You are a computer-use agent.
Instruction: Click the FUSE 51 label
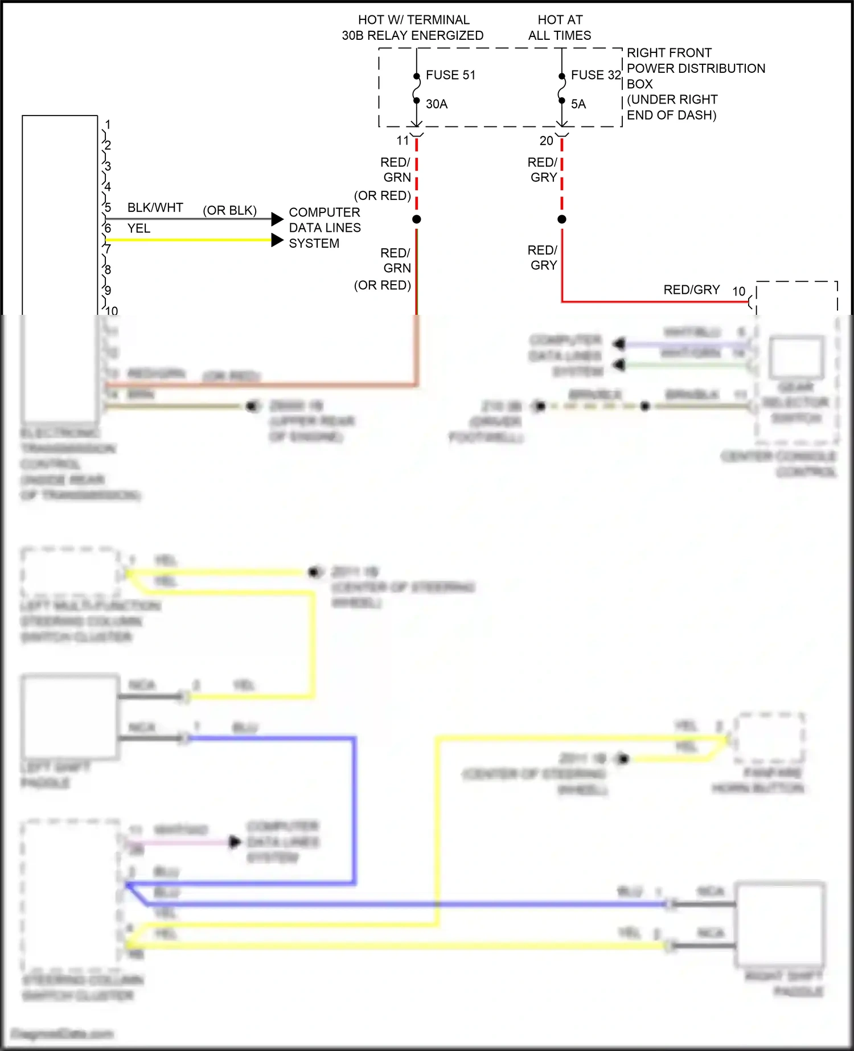pyautogui.click(x=450, y=75)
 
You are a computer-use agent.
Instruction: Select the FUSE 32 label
pyautogui.click(x=596, y=75)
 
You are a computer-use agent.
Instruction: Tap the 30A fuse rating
pyautogui.click(x=437, y=104)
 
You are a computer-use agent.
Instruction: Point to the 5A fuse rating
pyautogui.click(x=578, y=104)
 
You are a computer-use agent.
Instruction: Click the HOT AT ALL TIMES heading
pyautogui.click(x=560, y=27)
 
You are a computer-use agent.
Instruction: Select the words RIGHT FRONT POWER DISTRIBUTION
pyautogui.click(x=695, y=60)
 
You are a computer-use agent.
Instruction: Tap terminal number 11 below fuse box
pyautogui.click(x=403, y=141)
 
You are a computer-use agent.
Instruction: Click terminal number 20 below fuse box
pyautogui.click(x=546, y=141)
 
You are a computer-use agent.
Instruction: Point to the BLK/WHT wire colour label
pyautogui.click(x=155, y=208)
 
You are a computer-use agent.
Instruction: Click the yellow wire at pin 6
pyautogui.click(x=188, y=240)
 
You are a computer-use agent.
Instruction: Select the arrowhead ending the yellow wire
pyautogui.click(x=277, y=240)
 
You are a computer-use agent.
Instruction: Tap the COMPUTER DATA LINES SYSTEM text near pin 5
pyautogui.click(x=325, y=228)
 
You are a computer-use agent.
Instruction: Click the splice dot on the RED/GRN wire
pyautogui.click(x=417, y=219)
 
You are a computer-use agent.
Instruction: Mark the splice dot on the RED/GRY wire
pyautogui.click(x=562, y=219)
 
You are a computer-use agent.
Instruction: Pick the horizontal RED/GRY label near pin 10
pyautogui.click(x=691, y=290)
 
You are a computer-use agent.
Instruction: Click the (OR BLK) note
pyautogui.click(x=229, y=211)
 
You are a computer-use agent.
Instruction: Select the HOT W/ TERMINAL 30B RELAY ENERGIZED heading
pyautogui.click(x=413, y=27)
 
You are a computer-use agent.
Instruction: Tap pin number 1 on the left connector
pyautogui.click(x=108, y=124)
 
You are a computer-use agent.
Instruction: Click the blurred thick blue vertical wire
pyautogui.click(x=354, y=808)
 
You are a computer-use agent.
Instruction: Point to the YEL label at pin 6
pyautogui.click(x=139, y=228)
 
